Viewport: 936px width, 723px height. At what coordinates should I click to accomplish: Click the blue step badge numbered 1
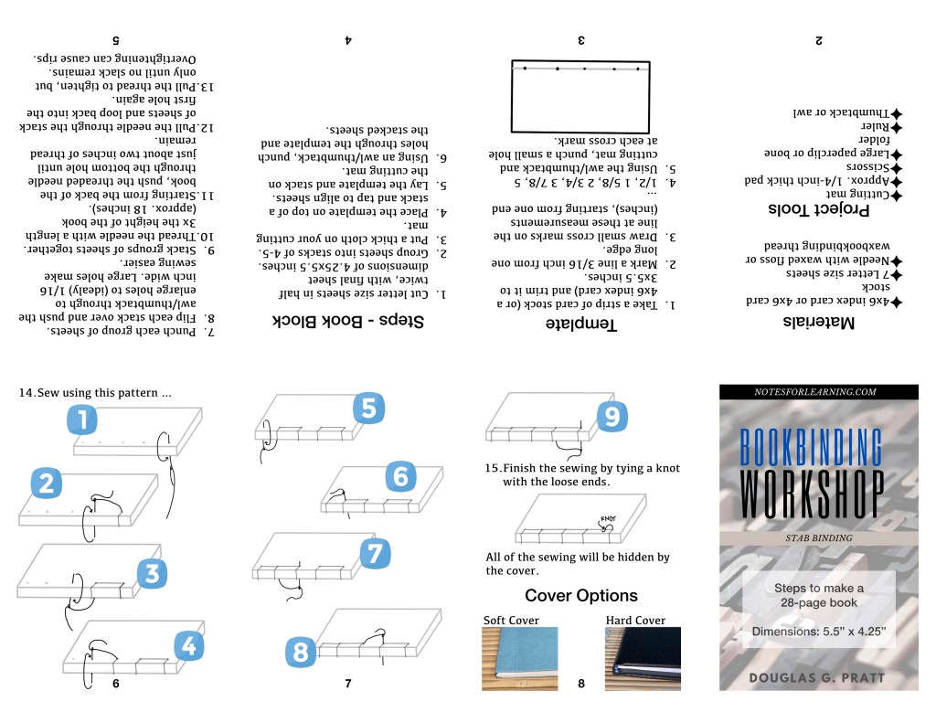(82, 421)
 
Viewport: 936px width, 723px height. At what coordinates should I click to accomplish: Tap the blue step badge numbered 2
(46, 484)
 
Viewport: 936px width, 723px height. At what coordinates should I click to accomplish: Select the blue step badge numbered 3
(152, 574)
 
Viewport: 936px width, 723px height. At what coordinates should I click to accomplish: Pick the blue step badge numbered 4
(187, 646)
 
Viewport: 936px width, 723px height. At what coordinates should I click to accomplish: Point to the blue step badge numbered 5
(367, 409)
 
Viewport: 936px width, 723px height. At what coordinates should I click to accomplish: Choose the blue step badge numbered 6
(400, 476)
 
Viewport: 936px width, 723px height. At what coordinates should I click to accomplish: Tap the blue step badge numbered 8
(300, 652)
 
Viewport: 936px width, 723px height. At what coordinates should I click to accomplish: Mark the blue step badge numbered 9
(612, 417)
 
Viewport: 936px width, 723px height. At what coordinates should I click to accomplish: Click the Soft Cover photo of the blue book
(519, 659)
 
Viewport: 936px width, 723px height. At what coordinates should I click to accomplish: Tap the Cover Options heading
(581, 596)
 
